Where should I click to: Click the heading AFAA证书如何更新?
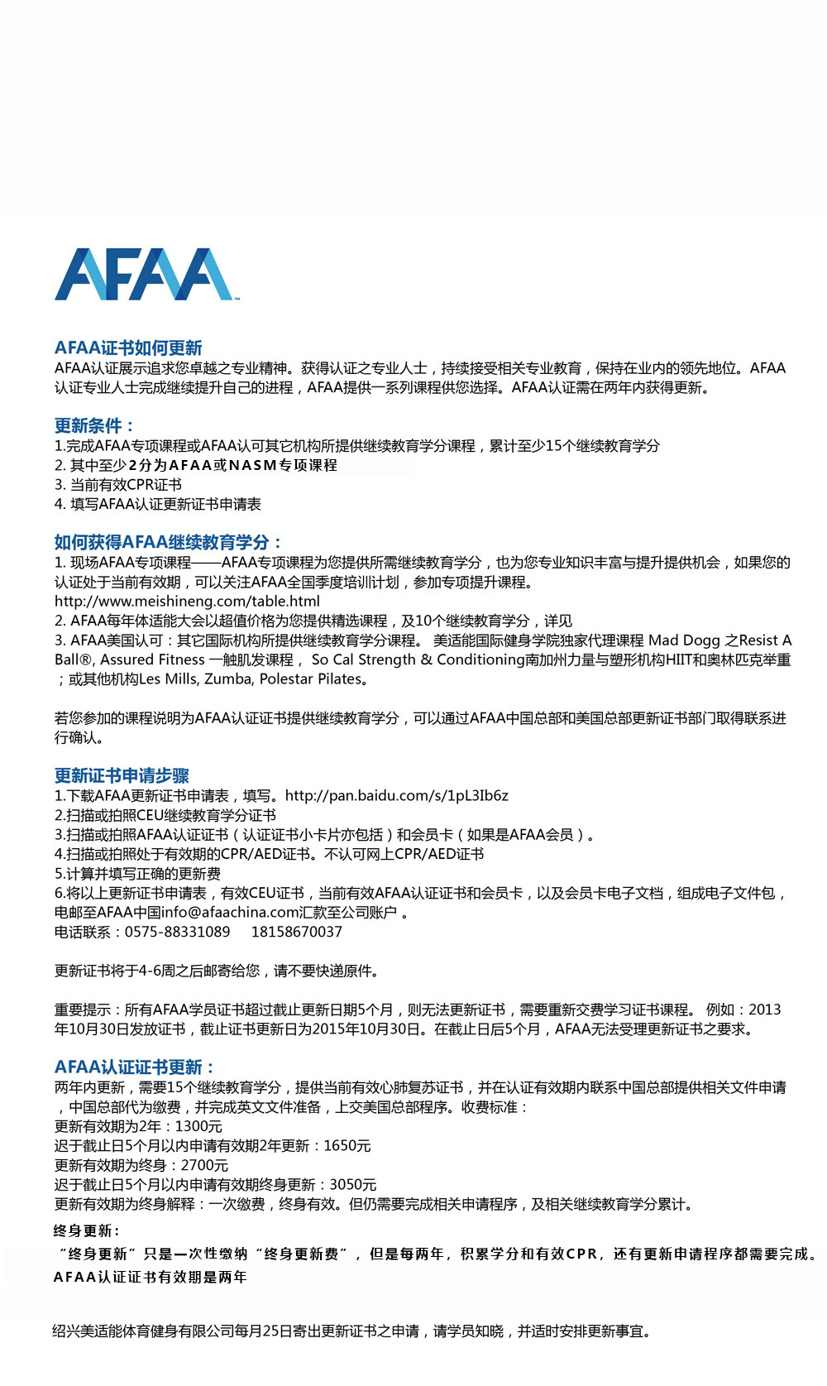(x=128, y=348)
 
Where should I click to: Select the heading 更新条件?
(x=93, y=425)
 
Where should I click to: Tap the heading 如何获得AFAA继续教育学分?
(x=168, y=542)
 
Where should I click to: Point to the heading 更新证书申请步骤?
(x=122, y=775)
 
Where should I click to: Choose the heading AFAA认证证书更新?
(x=134, y=1067)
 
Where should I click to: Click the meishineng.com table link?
(x=187, y=602)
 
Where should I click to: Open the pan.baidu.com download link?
(x=397, y=795)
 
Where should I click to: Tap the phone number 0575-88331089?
(x=177, y=932)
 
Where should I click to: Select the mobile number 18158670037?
(x=296, y=932)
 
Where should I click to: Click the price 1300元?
(x=198, y=1126)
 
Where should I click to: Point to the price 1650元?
(x=347, y=1146)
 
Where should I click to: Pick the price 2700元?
(x=204, y=1165)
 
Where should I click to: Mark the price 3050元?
(x=353, y=1185)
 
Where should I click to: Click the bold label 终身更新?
(x=86, y=1230)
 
